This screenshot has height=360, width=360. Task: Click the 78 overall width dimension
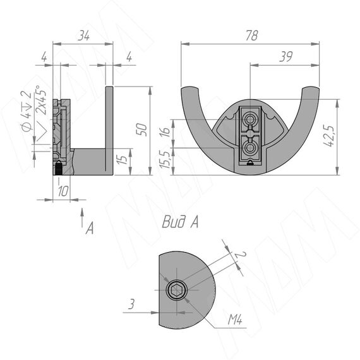[252, 35]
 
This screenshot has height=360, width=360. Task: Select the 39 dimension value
[286, 57]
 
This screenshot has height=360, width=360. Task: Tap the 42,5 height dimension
[329, 136]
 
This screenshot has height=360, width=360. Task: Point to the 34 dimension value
[83, 36]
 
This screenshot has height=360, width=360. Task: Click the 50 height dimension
[142, 129]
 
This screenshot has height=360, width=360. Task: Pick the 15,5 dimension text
[165, 160]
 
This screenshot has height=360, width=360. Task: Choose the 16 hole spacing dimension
[165, 132]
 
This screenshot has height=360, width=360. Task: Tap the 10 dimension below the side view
[63, 191]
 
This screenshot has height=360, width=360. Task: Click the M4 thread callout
[235, 320]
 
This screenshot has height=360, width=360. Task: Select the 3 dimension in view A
[131, 304]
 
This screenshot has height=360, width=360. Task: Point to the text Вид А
[180, 222]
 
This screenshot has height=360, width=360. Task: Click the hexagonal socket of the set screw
[176, 290]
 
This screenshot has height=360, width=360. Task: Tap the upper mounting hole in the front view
[249, 119]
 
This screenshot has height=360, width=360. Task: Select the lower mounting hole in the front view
[249, 148]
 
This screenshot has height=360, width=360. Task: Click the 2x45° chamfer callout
[41, 100]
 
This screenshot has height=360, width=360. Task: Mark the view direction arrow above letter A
[82, 217]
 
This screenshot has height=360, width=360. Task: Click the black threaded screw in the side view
[59, 168]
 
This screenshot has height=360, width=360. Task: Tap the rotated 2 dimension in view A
[240, 255]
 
